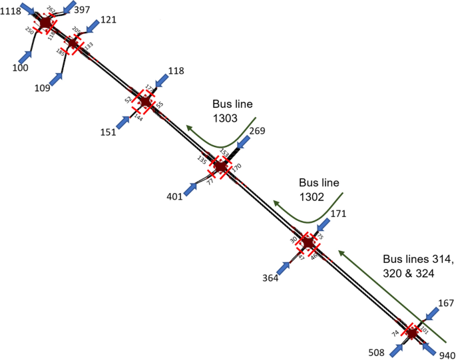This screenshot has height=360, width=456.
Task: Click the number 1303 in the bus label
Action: click(x=226, y=118)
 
